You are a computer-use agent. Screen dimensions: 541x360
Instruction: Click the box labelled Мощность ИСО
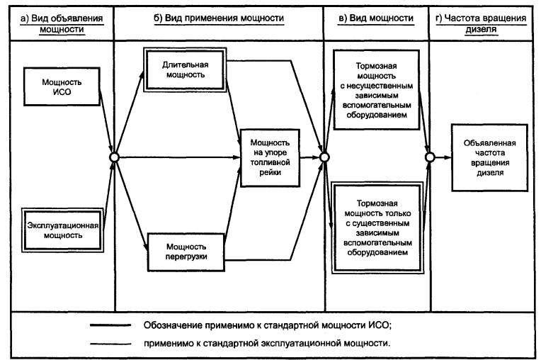coord(62,86)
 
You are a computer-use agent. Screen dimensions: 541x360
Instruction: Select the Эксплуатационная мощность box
coord(63,230)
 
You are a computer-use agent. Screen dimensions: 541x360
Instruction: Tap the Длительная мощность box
coord(185,69)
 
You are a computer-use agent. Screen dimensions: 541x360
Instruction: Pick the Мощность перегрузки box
coord(186,252)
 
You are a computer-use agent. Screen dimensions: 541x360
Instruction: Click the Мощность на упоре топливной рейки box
coord(270,158)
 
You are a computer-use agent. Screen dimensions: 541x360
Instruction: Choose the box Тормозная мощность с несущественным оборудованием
coord(377,90)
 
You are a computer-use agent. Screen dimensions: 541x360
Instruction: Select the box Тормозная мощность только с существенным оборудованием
coord(377,227)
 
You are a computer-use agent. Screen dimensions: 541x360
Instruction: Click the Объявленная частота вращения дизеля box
coord(489,158)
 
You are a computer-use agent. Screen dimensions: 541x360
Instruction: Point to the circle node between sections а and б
coord(114,157)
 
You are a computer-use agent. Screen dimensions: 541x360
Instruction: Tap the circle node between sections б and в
coord(324,157)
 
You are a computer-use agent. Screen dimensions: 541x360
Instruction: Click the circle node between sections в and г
coord(430,157)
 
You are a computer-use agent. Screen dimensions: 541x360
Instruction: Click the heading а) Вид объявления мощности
coord(62,23)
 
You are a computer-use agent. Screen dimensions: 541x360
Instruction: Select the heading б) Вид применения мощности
coord(219,18)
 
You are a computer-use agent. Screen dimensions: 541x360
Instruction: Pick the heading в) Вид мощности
coord(376,18)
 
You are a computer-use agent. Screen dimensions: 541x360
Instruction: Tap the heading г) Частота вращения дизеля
coord(481,23)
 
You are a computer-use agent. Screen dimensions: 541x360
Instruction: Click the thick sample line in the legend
coord(110,325)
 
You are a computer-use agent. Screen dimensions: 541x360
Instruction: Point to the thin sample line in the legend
coord(110,344)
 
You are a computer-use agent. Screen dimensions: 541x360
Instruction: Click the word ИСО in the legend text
coord(380,325)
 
